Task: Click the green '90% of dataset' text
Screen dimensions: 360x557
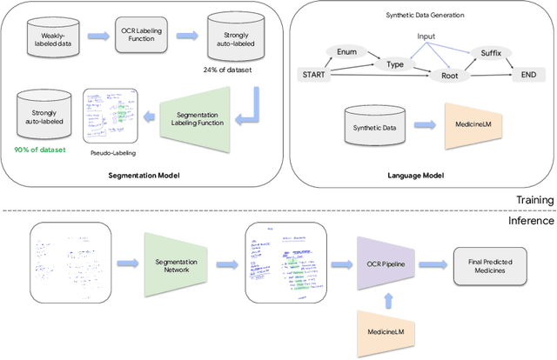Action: tap(41, 149)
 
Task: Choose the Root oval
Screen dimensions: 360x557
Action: tap(450, 76)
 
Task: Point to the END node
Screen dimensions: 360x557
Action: tap(528, 76)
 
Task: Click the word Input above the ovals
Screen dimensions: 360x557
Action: tap(427, 36)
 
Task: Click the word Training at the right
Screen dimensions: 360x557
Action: tap(533, 200)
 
